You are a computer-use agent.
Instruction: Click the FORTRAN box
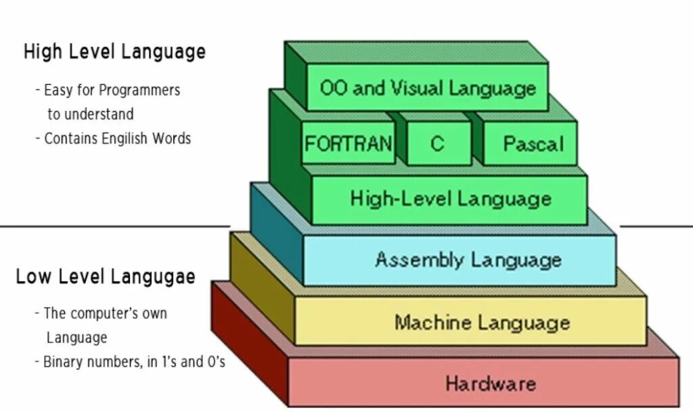click(x=348, y=143)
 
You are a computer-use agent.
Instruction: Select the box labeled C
click(x=438, y=143)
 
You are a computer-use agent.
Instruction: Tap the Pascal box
click(x=533, y=143)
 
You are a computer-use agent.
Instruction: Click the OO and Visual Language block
click(x=428, y=89)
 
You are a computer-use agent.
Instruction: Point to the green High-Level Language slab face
click(x=451, y=199)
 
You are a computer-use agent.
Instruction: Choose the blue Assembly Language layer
click(x=468, y=260)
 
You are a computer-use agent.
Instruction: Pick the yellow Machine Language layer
click(x=482, y=322)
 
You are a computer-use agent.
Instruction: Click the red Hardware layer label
click(x=490, y=384)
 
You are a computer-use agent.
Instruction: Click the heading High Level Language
click(x=114, y=52)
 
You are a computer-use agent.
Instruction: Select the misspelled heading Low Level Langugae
click(x=106, y=277)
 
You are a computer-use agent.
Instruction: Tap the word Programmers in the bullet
click(x=139, y=90)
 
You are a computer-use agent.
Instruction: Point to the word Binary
click(x=63, y=362)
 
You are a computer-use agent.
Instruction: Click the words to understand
click(x=90, y=114)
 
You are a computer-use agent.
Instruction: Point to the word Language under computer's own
click(x=76, y=338)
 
